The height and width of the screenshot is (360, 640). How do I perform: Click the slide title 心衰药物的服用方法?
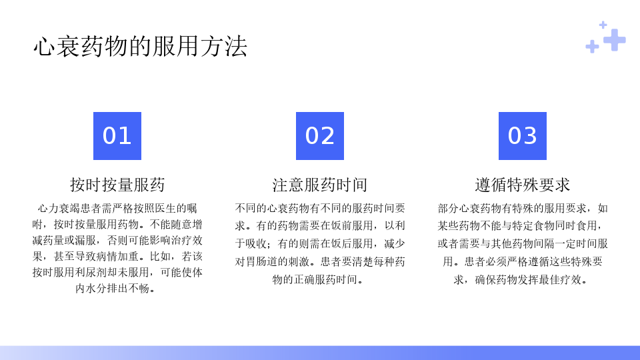[141, 46]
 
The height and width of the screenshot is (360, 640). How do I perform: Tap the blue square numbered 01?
[117, 136]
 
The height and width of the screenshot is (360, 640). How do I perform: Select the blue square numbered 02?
[320, 136]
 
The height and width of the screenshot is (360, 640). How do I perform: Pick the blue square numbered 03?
[523, 136]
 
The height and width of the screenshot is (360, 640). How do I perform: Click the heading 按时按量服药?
[117, 185]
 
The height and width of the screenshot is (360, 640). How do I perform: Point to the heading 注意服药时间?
[320, 185]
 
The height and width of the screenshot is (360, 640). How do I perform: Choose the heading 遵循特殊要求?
[523, 185]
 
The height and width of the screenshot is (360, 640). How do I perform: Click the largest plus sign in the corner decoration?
[614, 40]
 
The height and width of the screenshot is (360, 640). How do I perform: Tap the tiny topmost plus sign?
[603, 25]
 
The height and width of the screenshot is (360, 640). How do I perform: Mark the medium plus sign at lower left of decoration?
[592, 47]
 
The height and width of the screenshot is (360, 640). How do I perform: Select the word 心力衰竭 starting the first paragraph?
[59, 209]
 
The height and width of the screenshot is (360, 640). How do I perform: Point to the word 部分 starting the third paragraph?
[448, 209]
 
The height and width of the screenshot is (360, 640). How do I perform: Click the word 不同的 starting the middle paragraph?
[251, 209]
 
